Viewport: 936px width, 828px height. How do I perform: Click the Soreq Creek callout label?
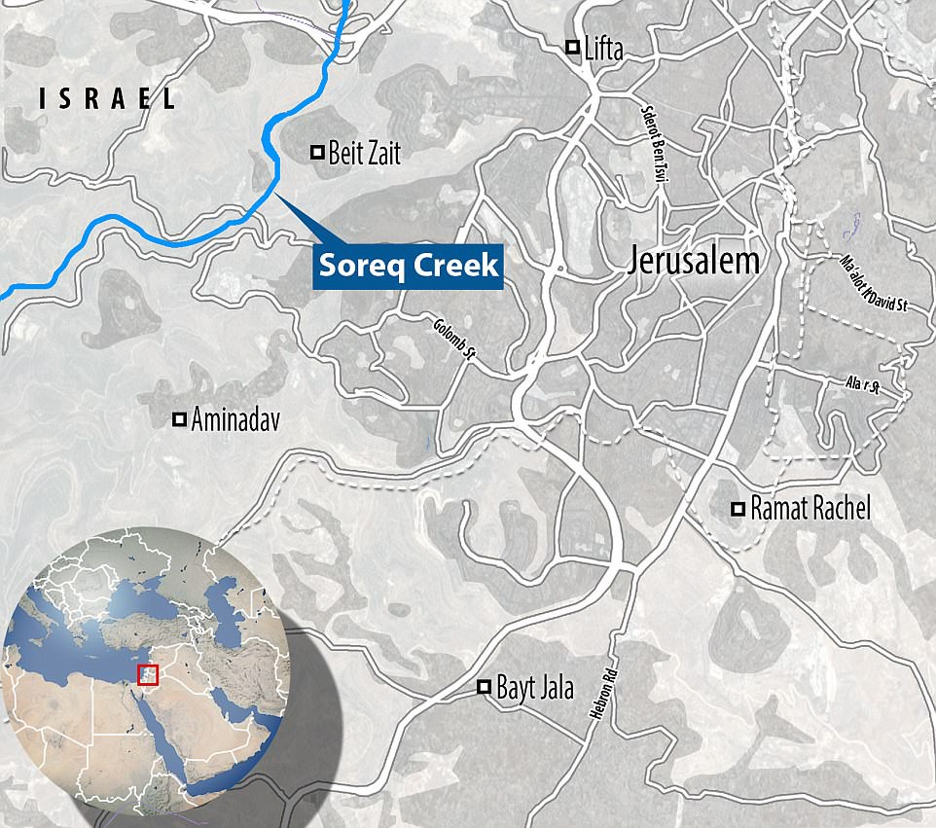(x=407, y=265)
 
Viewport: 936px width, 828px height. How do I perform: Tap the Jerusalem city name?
(x=693, y=261)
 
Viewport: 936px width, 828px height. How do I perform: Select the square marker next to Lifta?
(x=574, y=47)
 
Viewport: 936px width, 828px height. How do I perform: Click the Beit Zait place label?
(x=365, y=153)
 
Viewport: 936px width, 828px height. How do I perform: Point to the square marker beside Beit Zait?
(x=316, y=152)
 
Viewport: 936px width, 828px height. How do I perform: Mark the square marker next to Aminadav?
(x=179, y=420)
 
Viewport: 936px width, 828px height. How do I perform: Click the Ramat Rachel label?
(x=811, y=508)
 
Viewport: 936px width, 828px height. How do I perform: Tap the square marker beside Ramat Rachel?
(x=738, y=508)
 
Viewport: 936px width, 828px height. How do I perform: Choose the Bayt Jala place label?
(x=535, y=688)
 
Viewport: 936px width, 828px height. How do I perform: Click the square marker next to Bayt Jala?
(x=484, y=688)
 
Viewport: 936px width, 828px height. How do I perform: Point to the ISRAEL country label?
(x=107, y=98)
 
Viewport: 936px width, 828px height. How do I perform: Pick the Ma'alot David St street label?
(x=872, y=283)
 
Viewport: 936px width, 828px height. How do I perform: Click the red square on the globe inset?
(x=148, y=673)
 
